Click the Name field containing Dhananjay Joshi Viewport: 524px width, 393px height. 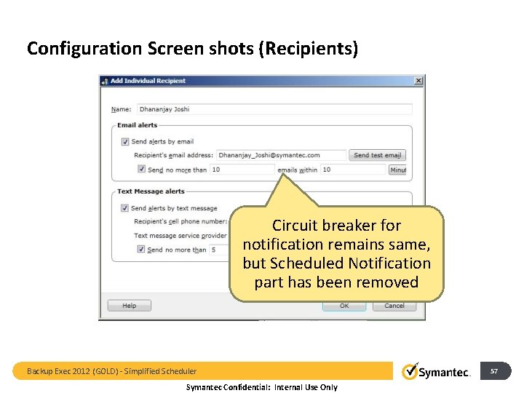click(x=274, y=109)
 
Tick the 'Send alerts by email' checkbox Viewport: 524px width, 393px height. click(x=125, y=142)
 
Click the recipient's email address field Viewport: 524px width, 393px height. click(x=282, y=155)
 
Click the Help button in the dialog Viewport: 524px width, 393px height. click(x=130, y=306)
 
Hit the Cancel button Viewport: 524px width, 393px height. click(x=394, y=306)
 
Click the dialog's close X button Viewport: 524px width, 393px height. click(x=418, y=81)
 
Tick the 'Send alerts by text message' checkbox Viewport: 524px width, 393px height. click(x=125, y=208)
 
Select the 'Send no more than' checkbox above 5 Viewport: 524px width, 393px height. click(x=141, y=250)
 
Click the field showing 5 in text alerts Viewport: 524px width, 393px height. click(x=218, y=250)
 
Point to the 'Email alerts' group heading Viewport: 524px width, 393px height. click(x=137, y=125)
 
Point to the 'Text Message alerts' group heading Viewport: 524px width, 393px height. click(x=151, y=191)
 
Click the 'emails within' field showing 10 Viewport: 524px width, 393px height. click(x=353, y=170)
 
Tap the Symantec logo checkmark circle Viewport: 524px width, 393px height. click(x=411, y=371)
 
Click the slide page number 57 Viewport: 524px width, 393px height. click(x=494, y=371)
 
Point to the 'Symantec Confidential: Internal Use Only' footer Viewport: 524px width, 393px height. click(x=262, y=387)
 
